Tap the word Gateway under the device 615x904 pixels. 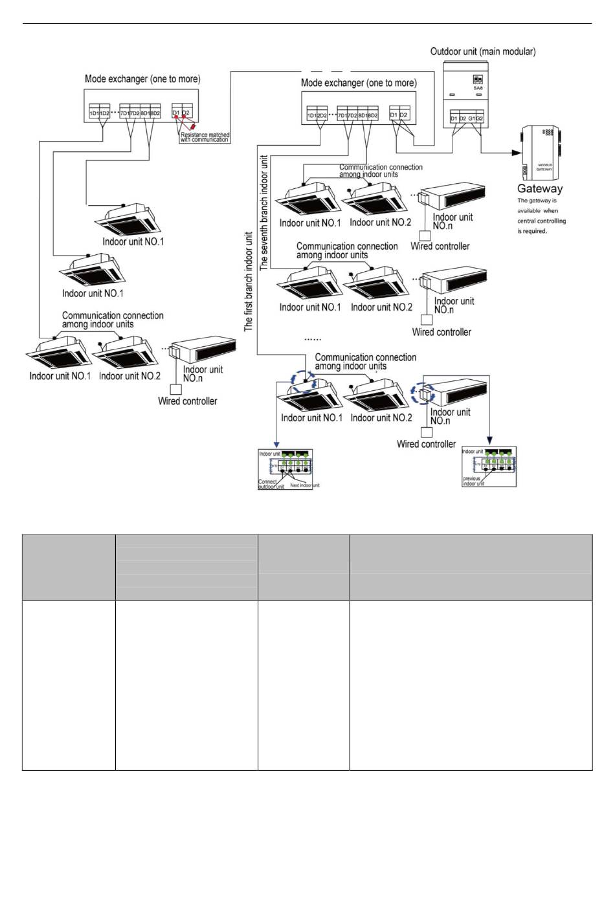[x=540, y=189]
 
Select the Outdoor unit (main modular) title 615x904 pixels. [x=483, y=52]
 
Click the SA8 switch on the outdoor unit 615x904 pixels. [x=478, y=80]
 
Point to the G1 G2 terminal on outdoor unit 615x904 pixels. [x=476, y=118]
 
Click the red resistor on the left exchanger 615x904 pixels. [x=192, y=127]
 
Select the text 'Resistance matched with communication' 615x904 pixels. [x=205, y=137]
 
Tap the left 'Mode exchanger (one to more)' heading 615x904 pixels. [x=142, y=79]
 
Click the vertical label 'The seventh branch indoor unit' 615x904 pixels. [x=263, y=212]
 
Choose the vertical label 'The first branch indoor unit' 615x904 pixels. [x=249, y=281]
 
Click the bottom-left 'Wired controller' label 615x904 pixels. [x=188, y=401]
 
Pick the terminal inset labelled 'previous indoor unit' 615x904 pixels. [x=489, y=467]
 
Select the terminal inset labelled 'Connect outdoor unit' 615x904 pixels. [x=285, y=469]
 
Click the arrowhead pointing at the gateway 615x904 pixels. [x=517, y=153]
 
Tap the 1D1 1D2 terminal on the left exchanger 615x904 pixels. [x=99, y=113]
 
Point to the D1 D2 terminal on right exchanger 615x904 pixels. [x=399, y=115]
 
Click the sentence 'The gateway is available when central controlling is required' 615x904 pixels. [x=541, y=215]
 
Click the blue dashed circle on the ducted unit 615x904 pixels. [x=423, y=393]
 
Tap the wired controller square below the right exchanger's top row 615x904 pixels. [x=425, y=236]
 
